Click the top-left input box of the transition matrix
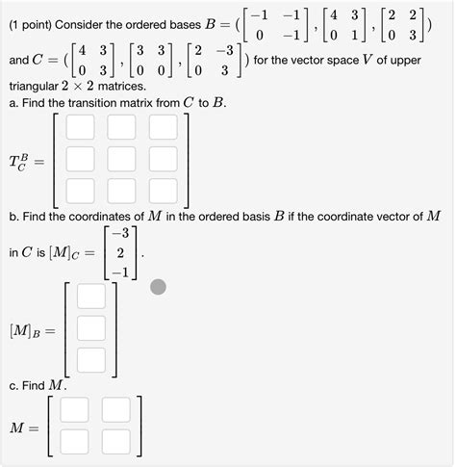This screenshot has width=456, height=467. (x=80, y=127)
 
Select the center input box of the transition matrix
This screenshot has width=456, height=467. (x=121, y=158)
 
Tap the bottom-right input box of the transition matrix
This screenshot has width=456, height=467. (x=163, y=190)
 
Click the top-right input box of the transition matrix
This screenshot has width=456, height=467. (x=163, y=127)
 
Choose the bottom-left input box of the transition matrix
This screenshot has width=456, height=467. (x=80, y=190)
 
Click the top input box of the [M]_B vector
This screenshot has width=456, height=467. (x=90, y=296)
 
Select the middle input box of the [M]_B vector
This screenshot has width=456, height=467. (x=90, y=328)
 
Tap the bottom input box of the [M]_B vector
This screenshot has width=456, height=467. (x=90, y=360)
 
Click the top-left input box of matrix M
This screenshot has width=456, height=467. (x=74, y=410)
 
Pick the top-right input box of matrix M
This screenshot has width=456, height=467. (x=115, y=410)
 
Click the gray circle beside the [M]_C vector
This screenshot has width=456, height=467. (x=159, y=286)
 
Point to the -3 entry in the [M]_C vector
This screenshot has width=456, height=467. (x=120, y=234)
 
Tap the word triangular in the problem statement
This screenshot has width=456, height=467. (x=36, y=86)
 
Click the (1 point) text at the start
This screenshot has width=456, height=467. (x=34, y=16)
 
